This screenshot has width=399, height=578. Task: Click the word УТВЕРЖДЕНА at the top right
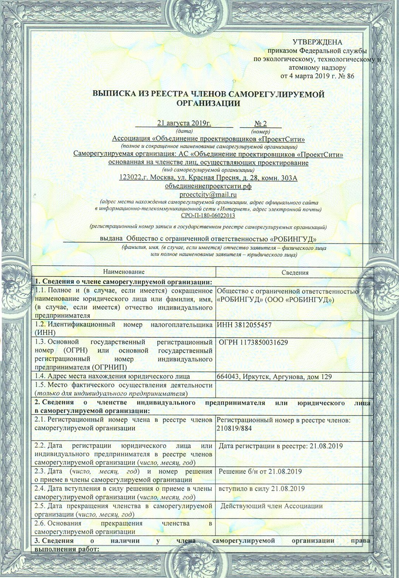tap(317, 42)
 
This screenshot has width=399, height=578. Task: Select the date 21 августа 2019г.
tap(184, 123)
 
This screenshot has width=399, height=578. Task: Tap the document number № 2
tap(260, 123)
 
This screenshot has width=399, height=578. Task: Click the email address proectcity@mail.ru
tap(208, 194)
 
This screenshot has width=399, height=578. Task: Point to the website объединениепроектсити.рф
tap(208, 186)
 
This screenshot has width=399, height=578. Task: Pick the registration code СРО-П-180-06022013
tap(208, 215)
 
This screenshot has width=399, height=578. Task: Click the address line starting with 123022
tap(208, 178)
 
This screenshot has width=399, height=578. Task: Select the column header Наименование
tap(124, 272)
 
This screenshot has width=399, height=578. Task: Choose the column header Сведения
tap(295, 273)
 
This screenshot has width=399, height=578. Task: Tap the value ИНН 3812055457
tap(244, 325)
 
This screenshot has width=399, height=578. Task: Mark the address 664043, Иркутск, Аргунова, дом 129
tap(274, 377)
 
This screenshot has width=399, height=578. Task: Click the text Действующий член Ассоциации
tap(272, 506)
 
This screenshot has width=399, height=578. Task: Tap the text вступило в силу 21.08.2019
tap(262, 489)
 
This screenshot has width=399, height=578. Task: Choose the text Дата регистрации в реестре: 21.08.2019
tap(280, 446)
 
